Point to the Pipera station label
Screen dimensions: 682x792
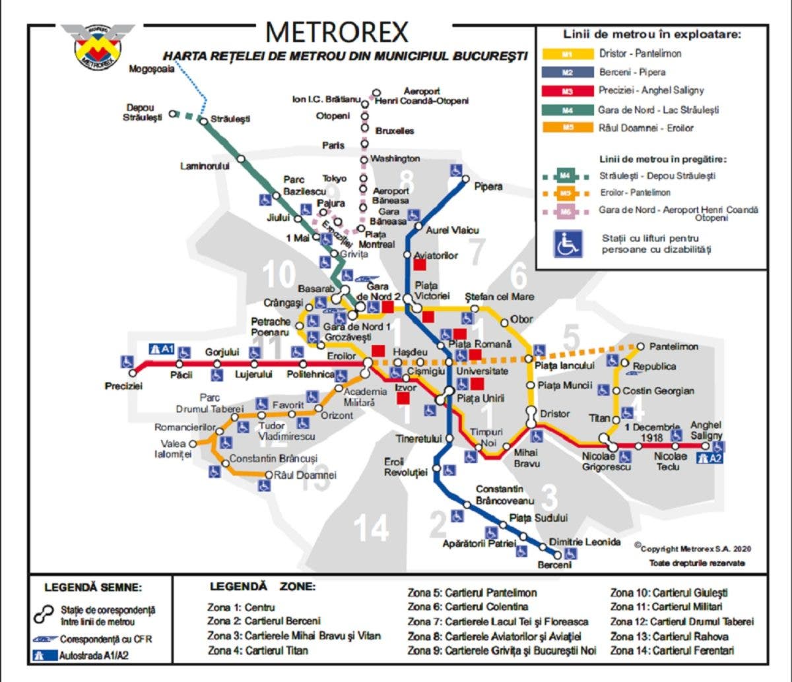(488, 187)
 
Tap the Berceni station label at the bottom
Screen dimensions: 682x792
(554, 565)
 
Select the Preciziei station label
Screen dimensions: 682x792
(123, 386)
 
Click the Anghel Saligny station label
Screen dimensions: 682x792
(706, 430)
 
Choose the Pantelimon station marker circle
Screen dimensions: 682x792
(640, 346)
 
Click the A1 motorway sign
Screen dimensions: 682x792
(161, 350)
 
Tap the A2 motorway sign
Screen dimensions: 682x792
(711, 458)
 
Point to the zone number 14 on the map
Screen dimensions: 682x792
(370, 528)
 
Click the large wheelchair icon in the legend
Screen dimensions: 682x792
(568, 243)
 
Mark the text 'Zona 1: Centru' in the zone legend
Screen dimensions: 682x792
(241, 607)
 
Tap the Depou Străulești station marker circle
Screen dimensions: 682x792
(173, 113)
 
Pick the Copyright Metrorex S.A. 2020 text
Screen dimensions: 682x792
(693, 548)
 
